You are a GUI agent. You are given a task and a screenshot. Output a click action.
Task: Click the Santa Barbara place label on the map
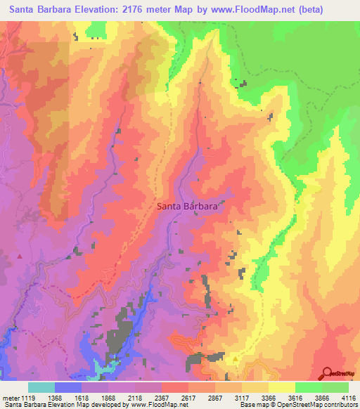(186, 207)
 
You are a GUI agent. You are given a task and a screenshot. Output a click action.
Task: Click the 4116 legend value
(349, 398)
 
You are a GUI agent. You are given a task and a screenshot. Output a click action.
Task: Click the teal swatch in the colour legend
(41, 387)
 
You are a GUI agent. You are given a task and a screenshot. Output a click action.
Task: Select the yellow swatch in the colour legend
(281, 387)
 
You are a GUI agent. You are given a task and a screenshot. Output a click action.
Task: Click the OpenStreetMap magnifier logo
(326, 372)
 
